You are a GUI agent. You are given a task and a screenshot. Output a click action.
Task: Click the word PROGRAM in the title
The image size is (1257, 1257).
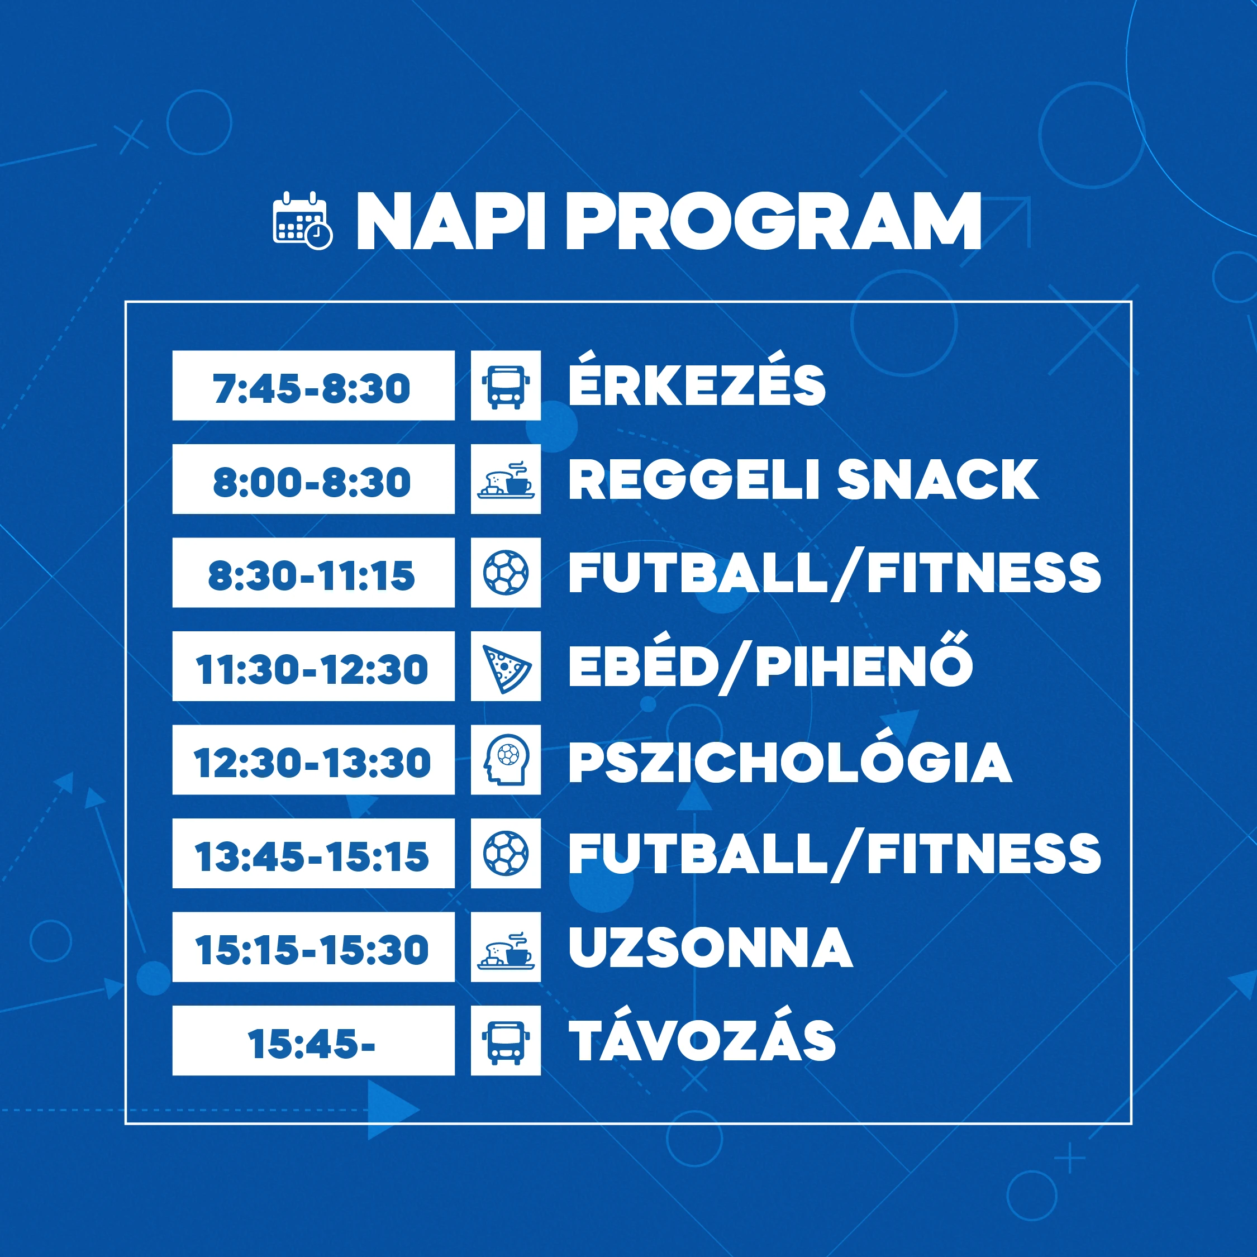(774, 221)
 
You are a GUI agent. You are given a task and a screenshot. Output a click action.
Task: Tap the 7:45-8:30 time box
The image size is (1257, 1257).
(313, 385)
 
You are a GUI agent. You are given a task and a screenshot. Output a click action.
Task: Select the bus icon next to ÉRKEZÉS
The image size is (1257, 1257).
(506, 385)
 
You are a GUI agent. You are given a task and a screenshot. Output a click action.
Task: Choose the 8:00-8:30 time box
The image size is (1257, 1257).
(313, 479)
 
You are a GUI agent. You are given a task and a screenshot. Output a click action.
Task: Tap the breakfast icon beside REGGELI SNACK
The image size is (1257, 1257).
(506, 479)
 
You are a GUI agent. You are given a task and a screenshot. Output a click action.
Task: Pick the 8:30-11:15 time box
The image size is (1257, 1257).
(313, 573)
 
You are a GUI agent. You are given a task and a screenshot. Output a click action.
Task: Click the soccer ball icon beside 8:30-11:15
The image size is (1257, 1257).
(506, 573)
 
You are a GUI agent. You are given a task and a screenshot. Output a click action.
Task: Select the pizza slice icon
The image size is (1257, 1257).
(506, 666)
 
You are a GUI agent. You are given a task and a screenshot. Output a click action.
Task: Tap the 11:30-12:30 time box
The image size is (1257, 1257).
(313, 666)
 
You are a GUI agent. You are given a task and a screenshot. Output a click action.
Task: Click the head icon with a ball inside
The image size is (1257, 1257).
(506, 760)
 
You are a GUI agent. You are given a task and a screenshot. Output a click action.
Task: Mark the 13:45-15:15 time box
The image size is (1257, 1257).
(313, 854)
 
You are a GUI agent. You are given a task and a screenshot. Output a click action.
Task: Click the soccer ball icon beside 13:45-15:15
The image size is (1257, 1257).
(506, 854)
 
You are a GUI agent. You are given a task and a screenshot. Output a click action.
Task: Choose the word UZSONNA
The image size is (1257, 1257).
(711, 947)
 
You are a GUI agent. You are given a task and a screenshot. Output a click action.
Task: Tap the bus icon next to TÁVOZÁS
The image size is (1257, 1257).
(506, 1040)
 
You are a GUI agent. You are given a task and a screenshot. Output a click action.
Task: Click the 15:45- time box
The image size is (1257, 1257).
(313, 1040)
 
